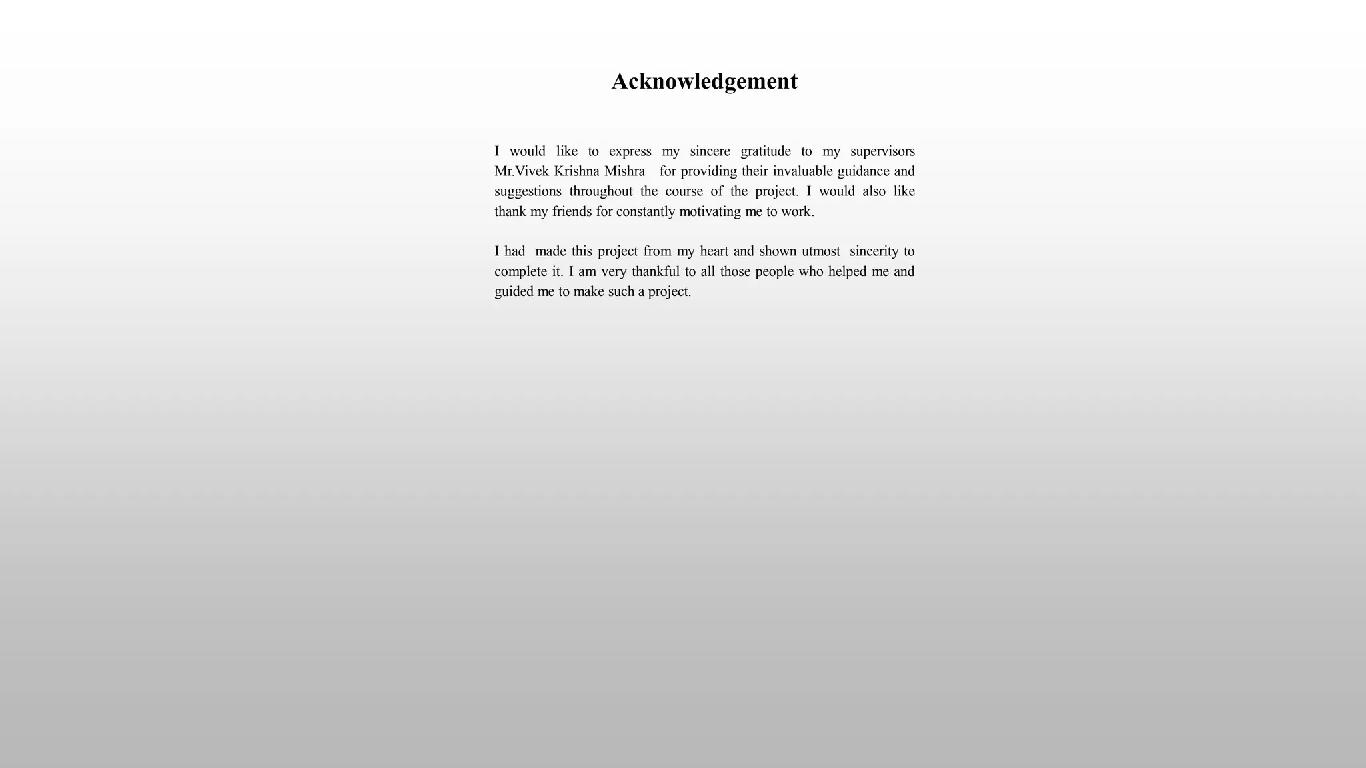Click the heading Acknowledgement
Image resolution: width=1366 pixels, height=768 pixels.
pyautogui.click(x=704, y=81)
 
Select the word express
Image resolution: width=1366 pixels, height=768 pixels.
pyautogui.click(x=630, y=151)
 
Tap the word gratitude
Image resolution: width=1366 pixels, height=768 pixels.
pyautogui.click(x=765, y=151)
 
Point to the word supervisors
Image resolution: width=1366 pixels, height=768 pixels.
pyautogui.click(x=882, y=151)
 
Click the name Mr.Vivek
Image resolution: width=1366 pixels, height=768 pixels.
pyautogui.click(x=522, y=171)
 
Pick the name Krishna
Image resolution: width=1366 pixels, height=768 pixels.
pyautogui.click(x=576, y=171)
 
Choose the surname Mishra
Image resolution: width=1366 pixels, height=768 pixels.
pyautogui.click(x=624, y=171)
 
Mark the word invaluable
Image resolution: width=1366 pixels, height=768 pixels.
pyautogui.click(x=802, y=171)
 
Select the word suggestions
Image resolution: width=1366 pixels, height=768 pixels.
pyautogui.click(x=528, y=192)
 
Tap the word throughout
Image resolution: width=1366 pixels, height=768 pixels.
pyautogui.click(x=600, y=192)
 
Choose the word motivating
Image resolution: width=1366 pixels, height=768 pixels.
pyautogui.click(x=710, y=212)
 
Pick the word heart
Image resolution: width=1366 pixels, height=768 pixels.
pyautogui.click(x=714, y=251)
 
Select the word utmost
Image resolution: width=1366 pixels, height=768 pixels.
pyautogui.click(x=820, y=251)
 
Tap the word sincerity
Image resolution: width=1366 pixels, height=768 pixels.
pyautogui.click(x=874, y=251)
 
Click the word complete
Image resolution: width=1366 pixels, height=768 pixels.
pyautogui.click(x=521, y=272)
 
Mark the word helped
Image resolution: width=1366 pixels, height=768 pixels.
pyautogui.click(x=847, y=272)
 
